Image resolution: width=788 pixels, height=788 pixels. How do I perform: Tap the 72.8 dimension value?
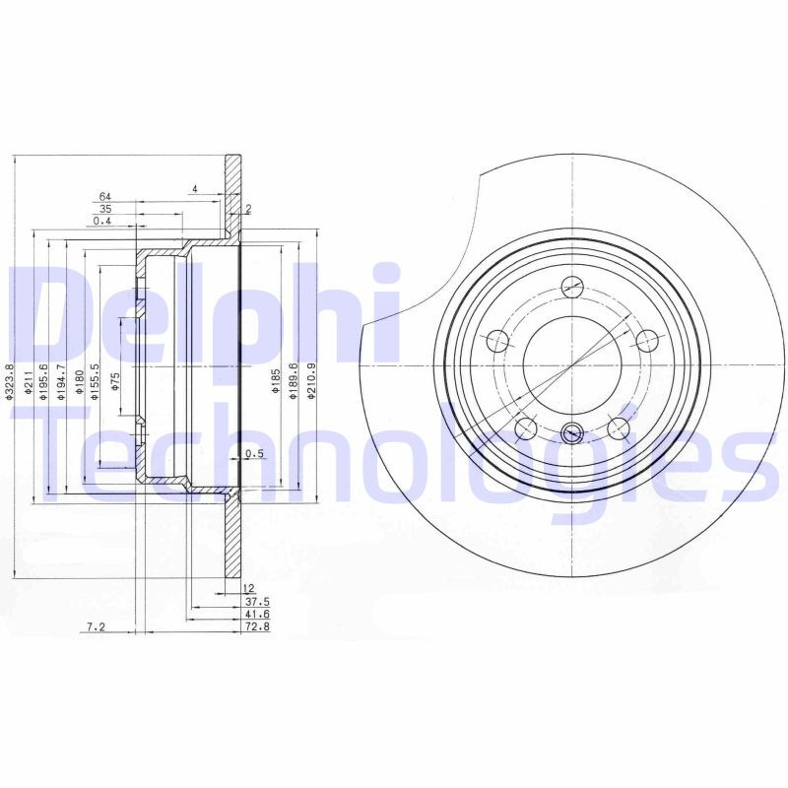tap(258, 625)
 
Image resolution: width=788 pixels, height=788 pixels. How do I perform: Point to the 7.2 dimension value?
tap(96, 625)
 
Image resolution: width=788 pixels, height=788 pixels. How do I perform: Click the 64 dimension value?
tap(103, 196)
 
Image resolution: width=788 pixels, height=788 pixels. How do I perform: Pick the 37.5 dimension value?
tap(258, 600)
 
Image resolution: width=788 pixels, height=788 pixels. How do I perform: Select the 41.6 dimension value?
tap(258, 613)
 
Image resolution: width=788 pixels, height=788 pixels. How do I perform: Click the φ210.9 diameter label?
tap(310, 379)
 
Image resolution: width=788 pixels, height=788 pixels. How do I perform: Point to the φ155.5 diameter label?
tap(96, 379)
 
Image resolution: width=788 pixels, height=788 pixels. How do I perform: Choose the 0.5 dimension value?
tap(255, 453)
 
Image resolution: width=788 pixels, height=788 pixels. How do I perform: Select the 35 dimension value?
tap(105, 209)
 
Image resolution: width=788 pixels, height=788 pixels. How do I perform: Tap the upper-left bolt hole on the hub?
tap(497, 342)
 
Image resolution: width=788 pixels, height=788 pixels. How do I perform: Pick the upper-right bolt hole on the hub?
tap(646, 341)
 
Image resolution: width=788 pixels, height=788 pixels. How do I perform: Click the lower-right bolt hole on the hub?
tap(618, 427)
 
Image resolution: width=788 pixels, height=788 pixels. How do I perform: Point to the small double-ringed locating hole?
tap(571, 432)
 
